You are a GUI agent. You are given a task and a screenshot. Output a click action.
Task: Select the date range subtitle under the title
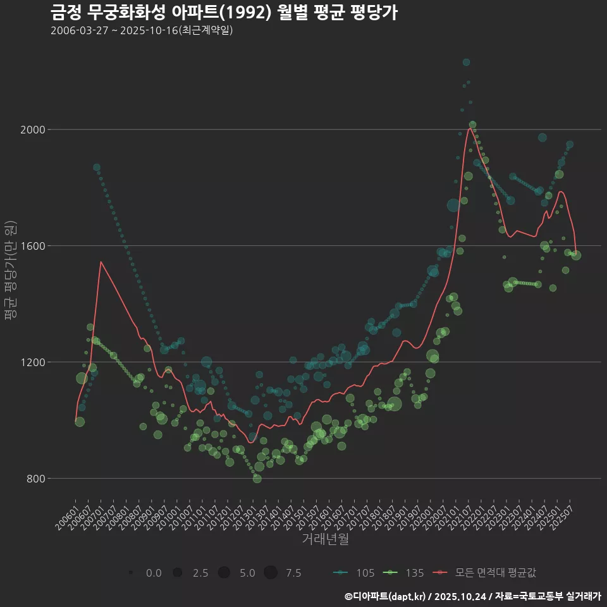142,31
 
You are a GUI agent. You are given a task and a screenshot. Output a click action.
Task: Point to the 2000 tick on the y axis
33,130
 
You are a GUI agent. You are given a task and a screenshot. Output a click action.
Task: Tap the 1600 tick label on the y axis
33,246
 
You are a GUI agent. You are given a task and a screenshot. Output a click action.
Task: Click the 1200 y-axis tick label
33,362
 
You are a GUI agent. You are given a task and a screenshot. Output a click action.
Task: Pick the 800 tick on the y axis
36,479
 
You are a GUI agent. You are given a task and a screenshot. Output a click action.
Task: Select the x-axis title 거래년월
325,539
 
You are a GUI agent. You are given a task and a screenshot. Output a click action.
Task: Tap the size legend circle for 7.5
271,573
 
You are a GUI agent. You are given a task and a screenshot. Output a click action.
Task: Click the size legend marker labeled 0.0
130,573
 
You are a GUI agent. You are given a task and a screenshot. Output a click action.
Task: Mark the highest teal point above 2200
466,62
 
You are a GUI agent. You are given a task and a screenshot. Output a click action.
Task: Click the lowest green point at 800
257,479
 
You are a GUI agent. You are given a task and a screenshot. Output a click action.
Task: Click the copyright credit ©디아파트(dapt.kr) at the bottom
386,596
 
